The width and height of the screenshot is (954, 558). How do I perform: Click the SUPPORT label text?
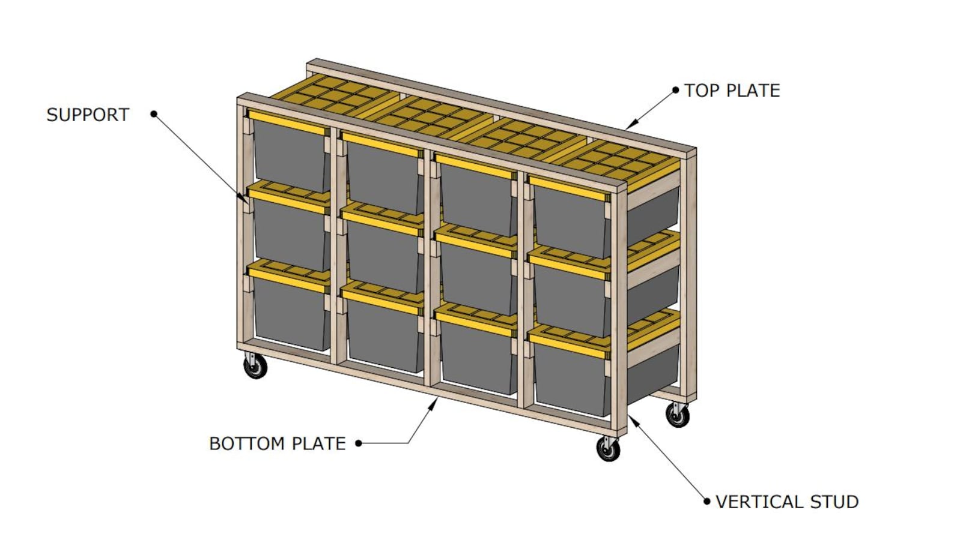click(x=88, y=115)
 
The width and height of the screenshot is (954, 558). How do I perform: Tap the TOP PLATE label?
click(x=732, y=91)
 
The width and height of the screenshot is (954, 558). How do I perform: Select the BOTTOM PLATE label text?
click(x=277, y=443)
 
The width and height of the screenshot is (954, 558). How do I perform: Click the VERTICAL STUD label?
click(x=786, y=502)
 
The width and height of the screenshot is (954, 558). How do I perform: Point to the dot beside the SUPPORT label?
click(x=154, y=113)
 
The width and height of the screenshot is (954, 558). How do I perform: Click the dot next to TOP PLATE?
click(x=675, y=91)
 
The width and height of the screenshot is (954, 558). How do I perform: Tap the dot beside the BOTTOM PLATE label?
click(x=359, y=443)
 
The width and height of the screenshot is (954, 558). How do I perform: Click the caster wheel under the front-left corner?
click(x=255, y=366)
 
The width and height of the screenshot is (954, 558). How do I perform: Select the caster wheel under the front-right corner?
click(x=608, y=449)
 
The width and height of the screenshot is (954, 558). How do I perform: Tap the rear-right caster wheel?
click(x=677, y=415)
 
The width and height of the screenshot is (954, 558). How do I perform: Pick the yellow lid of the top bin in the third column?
click(x=475, y=166)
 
